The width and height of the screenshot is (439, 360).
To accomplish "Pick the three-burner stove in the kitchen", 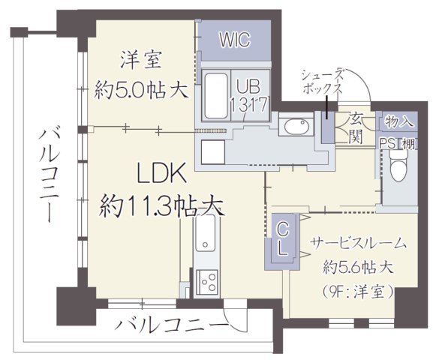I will pos(206,283).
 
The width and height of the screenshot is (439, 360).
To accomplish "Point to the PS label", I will pos(386,143).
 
